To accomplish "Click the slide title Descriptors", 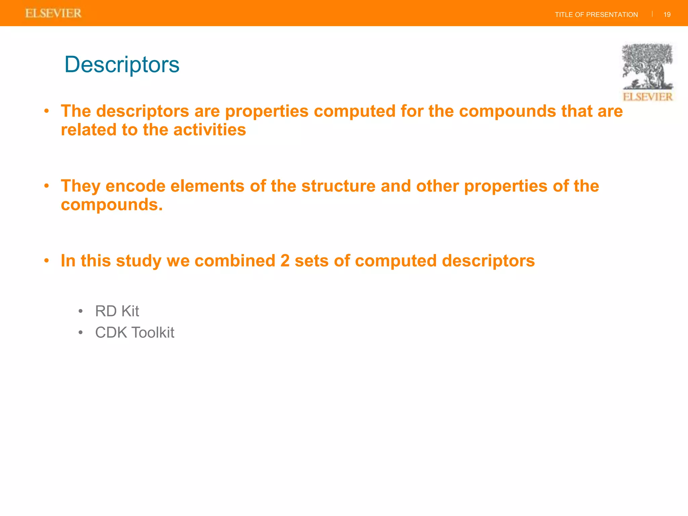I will pyautogui.click(x=122, y=64).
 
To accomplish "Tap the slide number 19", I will pyautogui.click(x=667, y=15).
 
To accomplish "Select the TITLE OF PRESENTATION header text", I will pyautogui.click(x=596, y=15).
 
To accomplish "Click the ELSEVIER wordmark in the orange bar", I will pyautogui.click(x=53, y=13).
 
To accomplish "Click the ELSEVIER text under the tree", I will pyautogui.click(x=647, y=97).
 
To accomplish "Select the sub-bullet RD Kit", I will pyautogui.click(x=117, y=311).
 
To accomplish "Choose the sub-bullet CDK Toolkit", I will pyautogui.click(x=134, y=333).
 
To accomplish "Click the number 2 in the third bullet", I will pyautogui.click(x=285, y=261).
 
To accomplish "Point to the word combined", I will pyautogui.click(x=235, y=261).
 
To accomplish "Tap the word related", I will pyautogui.click(x=88, y=130).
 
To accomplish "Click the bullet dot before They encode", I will pyautogui.click(x=47, y=186).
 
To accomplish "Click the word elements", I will pyautogui.click(x=207, y=186).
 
